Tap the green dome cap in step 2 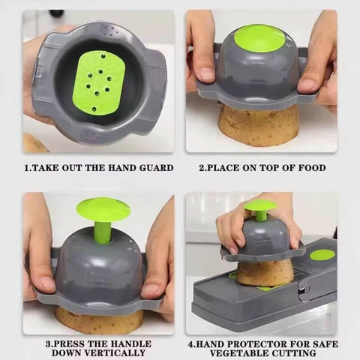pyautogui.click(x=259, y=38)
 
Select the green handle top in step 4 pyautogui.click(x=260, y=205)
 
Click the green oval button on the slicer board pyautogui.click(x=322, y=255)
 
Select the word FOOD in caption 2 pyautogui.click(x=311, y=168)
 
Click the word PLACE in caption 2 pyautogui.click(x=227, y=168)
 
